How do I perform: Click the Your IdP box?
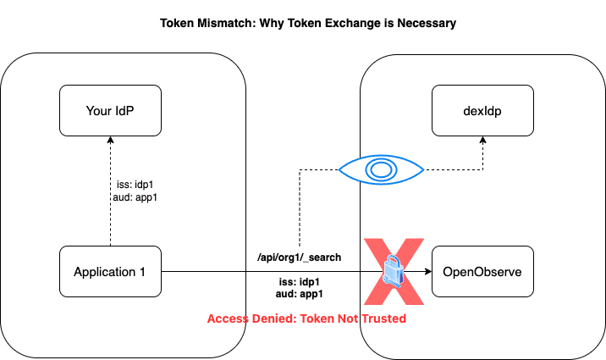pyautogui.click(x=111, y=110)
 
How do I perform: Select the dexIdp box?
pyautogui.click(x=482, y=110)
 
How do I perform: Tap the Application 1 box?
pyautogui.click(x=111, y=272)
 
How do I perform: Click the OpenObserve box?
pyautogui.click(x=482, y=272)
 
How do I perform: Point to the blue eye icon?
pyautogui.click(x=381, y=169)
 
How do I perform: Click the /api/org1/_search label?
pyautogui.click(x=300, y=256)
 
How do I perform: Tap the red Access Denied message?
pyautogui.click(x=306, y=319)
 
